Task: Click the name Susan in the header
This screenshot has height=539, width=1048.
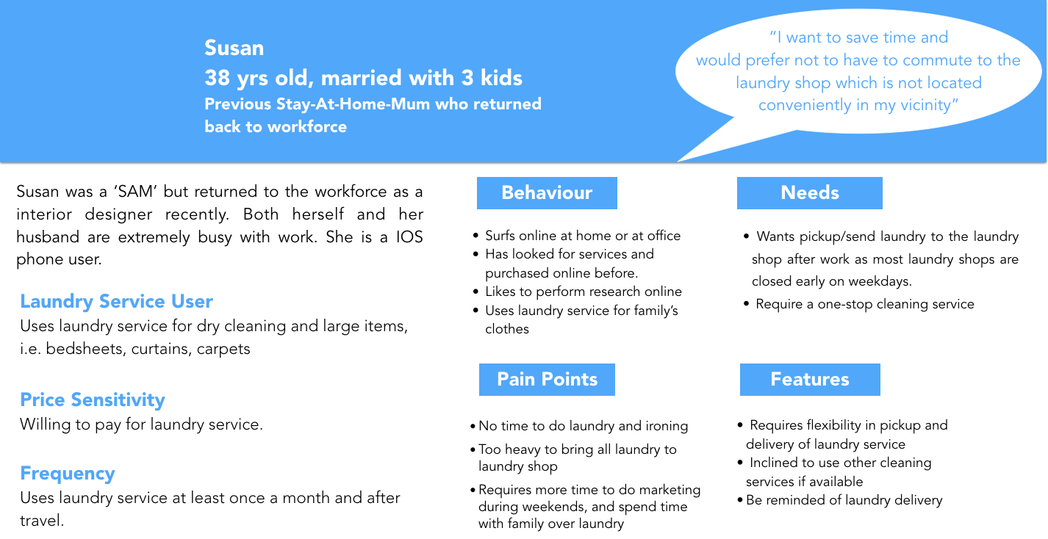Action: [234, 48]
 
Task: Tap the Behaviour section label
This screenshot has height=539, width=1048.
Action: [547, 192]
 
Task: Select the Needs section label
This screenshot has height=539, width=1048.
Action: [809, 192]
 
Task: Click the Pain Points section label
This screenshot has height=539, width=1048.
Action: [547, 379]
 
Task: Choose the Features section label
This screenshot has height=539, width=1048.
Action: [809, 379]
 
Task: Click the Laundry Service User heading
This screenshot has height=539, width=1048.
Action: [116, 302]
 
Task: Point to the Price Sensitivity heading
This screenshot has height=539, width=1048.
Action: [92, 400]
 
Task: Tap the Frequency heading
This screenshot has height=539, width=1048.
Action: [68, 474]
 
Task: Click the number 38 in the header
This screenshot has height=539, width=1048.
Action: [217, 78]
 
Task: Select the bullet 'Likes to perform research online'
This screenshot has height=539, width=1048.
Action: [583, 292]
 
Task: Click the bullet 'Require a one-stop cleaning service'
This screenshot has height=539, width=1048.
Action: [864, 304]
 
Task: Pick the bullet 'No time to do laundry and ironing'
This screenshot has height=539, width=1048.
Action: [583, 426]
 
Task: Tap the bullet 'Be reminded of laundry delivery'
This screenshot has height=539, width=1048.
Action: [844, 500]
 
